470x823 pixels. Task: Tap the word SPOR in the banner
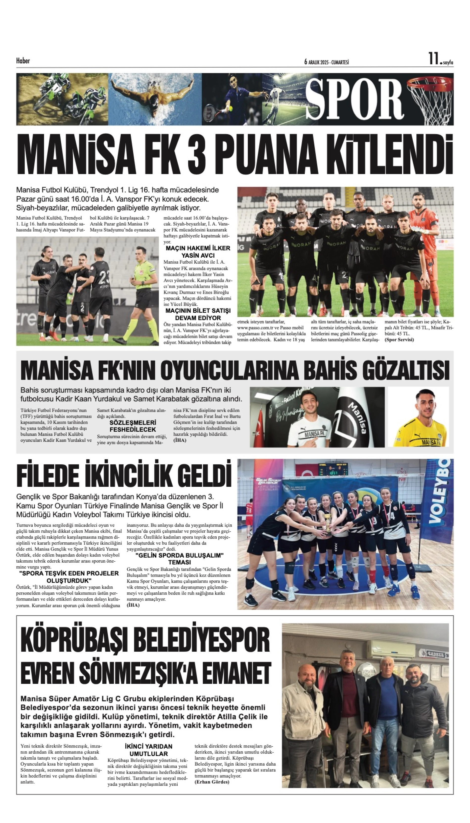click(354, 100)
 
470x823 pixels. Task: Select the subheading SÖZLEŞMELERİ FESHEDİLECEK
click(133, 426)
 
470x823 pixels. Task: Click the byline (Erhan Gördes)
click(212, 782)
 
